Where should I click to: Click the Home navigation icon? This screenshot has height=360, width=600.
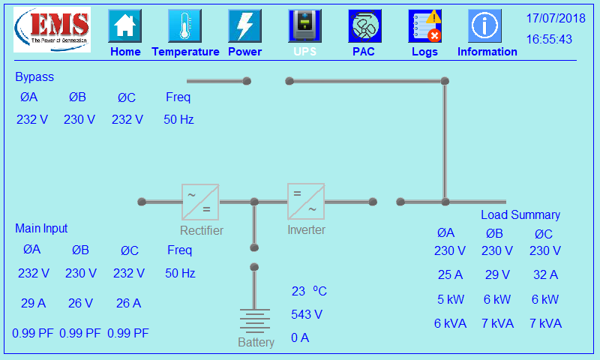(125, 26)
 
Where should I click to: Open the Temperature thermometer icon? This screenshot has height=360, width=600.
(184, 26)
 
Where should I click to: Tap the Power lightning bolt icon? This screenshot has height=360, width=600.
(244, 26)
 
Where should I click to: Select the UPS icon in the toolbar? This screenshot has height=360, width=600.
(304, 26)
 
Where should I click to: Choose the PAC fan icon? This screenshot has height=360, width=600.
(364, 26)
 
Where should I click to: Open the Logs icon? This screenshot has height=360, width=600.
(424, 26)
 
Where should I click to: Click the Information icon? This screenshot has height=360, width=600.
(485, 26)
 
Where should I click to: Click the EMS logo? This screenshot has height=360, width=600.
(52, 30)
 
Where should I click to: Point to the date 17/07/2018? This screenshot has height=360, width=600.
(555, 17)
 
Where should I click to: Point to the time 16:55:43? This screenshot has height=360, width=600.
(549, 39)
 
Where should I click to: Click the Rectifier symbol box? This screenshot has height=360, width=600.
(200, 202)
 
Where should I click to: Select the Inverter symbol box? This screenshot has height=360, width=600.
(306, 201)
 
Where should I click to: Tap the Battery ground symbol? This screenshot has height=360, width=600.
(254, 319)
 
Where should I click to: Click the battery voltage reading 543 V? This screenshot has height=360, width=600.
(307, 314)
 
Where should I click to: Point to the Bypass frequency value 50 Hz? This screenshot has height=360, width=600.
(179, 119)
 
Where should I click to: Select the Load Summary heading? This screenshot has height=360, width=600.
(520, 215)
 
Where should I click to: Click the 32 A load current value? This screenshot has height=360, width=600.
(545, 274)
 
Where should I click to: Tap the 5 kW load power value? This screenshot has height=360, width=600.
(451, 299)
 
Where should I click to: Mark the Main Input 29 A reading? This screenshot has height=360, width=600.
(34, 303)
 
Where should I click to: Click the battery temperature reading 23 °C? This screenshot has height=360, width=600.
(309, 291)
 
